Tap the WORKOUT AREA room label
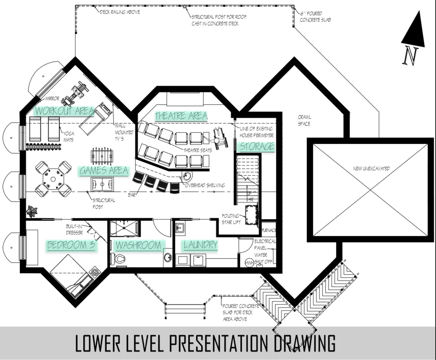64,111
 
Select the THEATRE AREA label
181,116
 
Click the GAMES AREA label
104,170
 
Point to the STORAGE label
257,146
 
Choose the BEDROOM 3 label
71,245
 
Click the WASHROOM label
138,245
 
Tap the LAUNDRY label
200,244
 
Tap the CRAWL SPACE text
304,120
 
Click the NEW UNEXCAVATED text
371,168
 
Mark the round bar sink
187,176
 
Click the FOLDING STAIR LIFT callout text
231,219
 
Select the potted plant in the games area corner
32,211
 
